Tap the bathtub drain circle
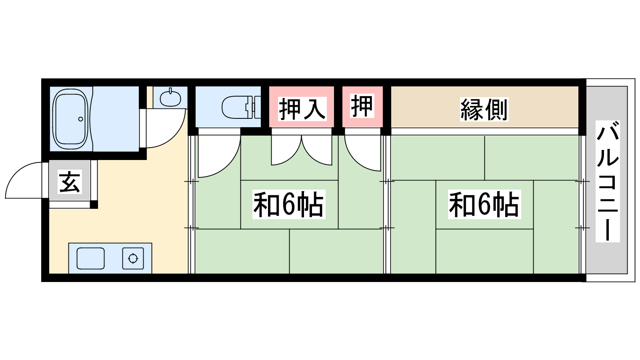click(80, 119)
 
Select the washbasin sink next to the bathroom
click(170, 98)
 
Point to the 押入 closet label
click(302, 109)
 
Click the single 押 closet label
click(362, 106)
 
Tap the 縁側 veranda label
click(484, 110)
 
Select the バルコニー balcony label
click(608, 182)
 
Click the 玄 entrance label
click(70, 182)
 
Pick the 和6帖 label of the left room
click(288, 204)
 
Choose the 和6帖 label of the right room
click(484, 204)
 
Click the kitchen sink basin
click(90, 258)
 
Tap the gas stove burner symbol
click(133, 258)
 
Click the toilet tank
click(256, 107)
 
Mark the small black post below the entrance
click(94, 204)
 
